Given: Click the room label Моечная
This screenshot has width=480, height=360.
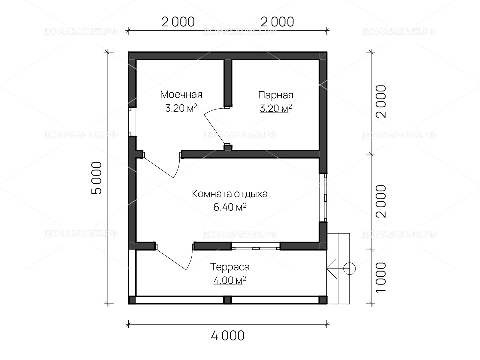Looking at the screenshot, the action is (181, 94).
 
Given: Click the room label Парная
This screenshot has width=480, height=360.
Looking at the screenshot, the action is (275, 95).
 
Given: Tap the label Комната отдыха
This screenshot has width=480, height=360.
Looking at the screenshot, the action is (229, 194).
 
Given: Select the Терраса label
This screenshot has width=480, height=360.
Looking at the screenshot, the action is (229, 267).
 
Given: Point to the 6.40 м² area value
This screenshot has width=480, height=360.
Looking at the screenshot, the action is (229, 207).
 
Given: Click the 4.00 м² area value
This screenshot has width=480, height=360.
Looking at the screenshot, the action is (229, 280).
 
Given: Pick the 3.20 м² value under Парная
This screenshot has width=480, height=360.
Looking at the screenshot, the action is (275, 108).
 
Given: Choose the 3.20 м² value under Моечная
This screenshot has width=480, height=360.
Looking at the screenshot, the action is (181, 108).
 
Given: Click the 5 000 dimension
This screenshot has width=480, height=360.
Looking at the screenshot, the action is (96, 178).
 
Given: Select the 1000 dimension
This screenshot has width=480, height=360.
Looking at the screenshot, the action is (381, 277).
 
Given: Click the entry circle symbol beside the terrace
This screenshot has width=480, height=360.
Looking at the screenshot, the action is (349, 268).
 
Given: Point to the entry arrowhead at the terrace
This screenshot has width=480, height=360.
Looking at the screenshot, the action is (331, 268).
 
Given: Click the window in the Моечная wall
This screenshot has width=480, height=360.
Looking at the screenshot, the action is (130, 122).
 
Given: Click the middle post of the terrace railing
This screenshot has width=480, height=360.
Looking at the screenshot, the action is (227, 300).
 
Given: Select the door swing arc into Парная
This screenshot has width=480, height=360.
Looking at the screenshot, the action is (213, 110).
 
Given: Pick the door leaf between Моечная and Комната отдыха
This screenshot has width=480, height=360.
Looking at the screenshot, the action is (158, 167).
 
